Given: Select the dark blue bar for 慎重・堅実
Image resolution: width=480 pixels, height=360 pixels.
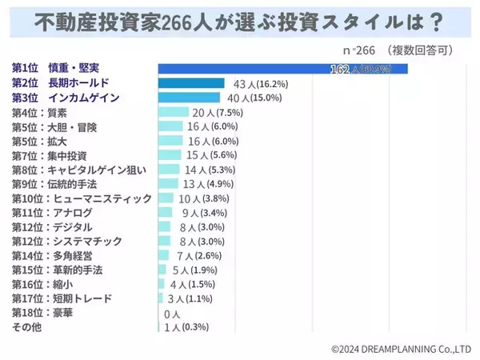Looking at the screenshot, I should [283, 69].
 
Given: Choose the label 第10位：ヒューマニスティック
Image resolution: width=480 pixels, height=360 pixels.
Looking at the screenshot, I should [70, 198].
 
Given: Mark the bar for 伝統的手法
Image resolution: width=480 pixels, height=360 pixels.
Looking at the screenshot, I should [166, 184].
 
